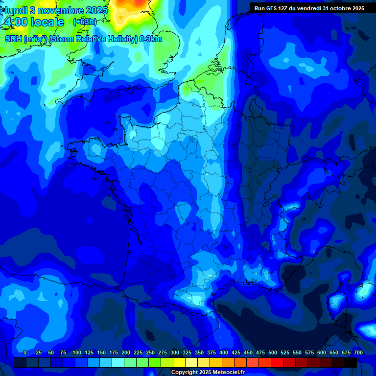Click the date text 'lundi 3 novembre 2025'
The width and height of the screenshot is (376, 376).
[56, 10]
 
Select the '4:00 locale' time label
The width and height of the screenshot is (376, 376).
[34, 22]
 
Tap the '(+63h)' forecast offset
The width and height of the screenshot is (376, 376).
[85, 22]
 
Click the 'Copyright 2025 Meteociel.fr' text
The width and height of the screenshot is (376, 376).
[208, 373]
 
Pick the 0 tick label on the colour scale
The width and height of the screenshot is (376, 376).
[25, 352]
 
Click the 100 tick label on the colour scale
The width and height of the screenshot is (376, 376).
[77, 352]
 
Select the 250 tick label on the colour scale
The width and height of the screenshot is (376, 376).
[150, 352]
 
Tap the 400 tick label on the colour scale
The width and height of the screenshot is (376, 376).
[224, 352]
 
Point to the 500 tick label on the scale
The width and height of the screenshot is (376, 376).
[273, 352]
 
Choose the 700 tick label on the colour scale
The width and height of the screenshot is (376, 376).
[358, 352]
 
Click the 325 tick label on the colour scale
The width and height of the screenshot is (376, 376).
[187, 352]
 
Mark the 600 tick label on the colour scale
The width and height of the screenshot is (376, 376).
[322, 352]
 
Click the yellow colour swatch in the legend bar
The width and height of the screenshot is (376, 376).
[179, 363]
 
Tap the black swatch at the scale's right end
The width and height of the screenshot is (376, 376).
[351, 363]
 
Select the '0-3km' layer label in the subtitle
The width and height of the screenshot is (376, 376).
[151, 39]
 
